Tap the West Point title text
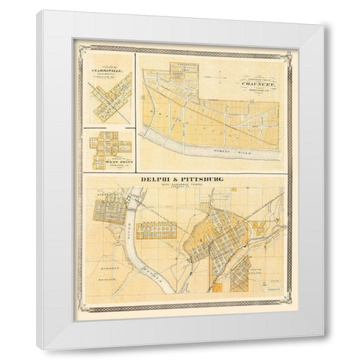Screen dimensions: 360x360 pyautogui.click(x=110, y=160)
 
